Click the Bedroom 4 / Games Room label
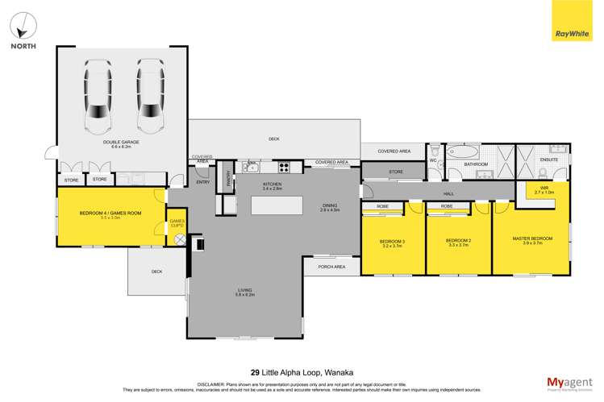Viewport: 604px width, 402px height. [x=99, y=214]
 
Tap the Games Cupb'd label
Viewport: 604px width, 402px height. [x=177, y=223]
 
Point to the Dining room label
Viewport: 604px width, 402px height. [x=330, y=206]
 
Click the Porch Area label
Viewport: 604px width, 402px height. [x=331, y=266]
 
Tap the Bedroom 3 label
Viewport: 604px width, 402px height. [x=393, y=242]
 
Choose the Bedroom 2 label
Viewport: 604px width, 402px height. [x=456, y=240]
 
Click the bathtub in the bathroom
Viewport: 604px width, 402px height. [x=462, y=151]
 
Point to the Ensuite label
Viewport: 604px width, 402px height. [x=548, y=160]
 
